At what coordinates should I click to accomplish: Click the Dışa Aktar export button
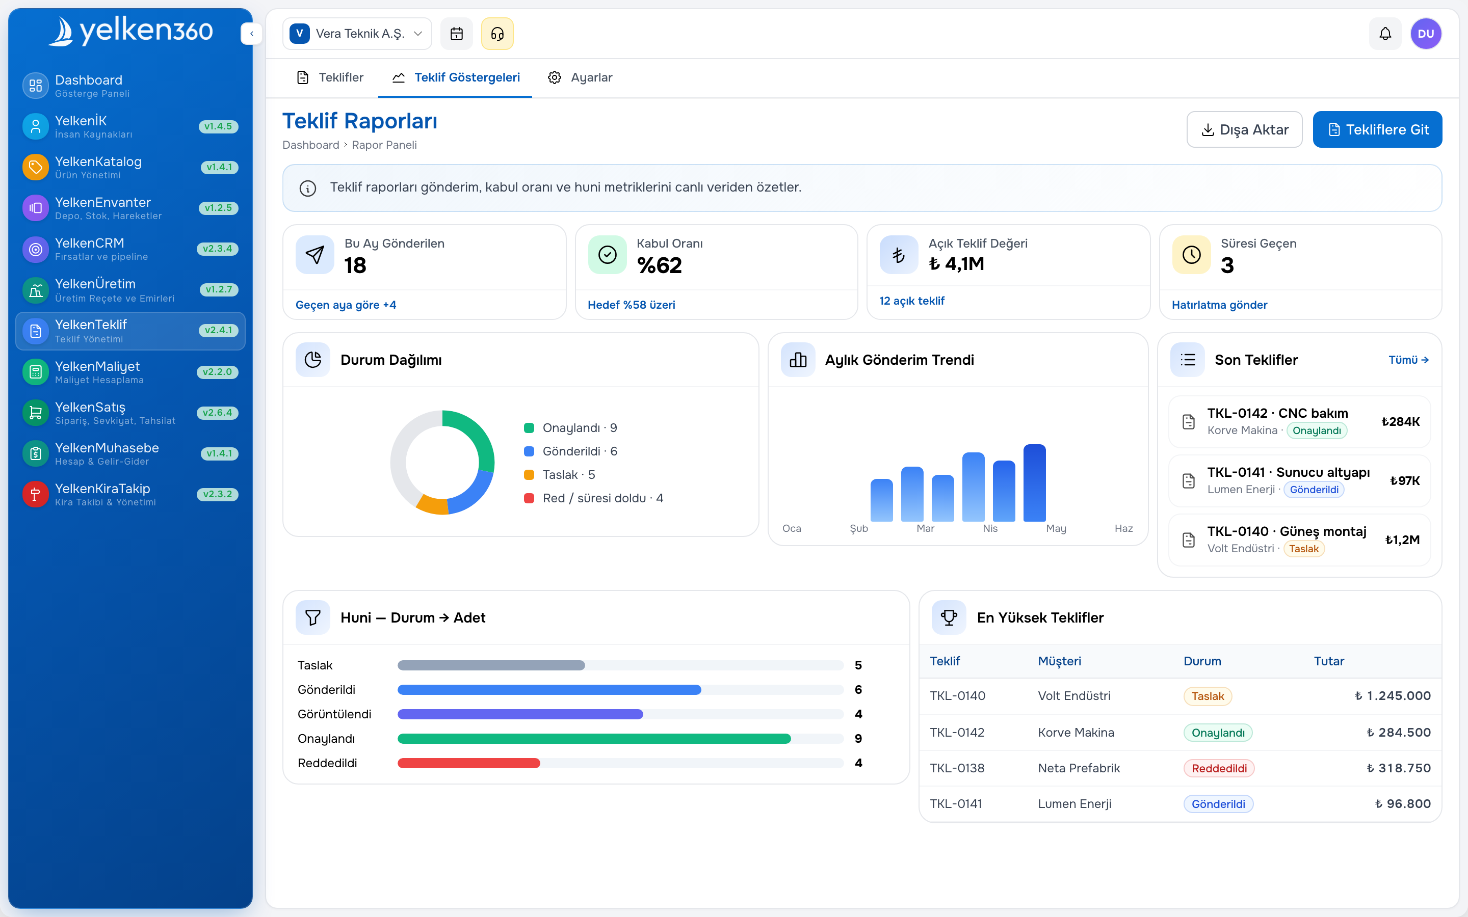point(1244,129)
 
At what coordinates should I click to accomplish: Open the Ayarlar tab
point(580,77)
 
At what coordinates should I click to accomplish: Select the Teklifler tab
point(330,77)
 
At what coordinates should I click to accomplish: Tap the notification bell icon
point(1385,34)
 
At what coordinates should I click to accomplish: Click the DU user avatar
point(1426,34)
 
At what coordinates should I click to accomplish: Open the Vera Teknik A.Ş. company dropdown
point(357,34)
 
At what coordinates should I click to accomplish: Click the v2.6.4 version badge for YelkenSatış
point(217,413)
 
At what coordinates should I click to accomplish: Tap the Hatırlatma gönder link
point(1219,305)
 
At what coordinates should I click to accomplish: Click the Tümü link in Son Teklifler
point(1408,360)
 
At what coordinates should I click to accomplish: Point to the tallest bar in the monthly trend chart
point(1034,483)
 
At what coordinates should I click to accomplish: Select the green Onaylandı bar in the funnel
point(594,739)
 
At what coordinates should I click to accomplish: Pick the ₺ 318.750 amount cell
point(1398,768)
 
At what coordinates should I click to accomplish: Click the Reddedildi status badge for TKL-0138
point(1219,768)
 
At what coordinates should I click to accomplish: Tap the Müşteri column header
point(1059,661)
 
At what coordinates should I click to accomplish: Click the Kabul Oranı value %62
point(660,265)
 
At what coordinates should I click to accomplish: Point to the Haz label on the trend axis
point(1123,529)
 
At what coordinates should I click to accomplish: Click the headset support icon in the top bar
point(497,34)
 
